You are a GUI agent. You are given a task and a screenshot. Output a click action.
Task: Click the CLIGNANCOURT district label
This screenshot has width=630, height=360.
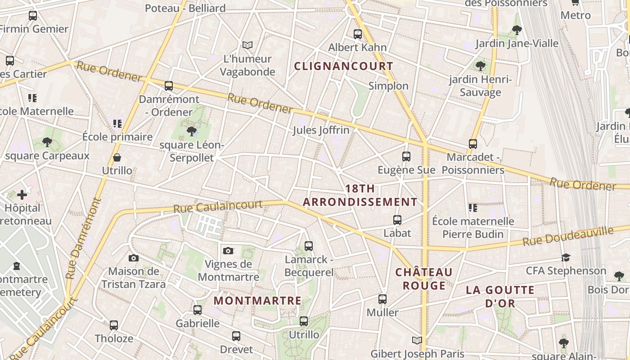coord(344,66)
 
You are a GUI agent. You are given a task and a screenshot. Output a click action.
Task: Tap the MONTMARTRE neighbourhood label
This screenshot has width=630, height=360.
coord(257,301)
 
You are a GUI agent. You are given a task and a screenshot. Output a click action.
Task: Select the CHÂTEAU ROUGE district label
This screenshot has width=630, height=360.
coord(424,279)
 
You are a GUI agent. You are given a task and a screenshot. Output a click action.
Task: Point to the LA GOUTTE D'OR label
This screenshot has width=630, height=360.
coord(500,296)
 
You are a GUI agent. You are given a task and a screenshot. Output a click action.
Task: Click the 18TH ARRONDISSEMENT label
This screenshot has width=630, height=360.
coord(360,195)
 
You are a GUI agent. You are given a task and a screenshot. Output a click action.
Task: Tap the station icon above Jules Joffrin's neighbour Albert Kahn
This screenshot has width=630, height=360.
coord(358,34)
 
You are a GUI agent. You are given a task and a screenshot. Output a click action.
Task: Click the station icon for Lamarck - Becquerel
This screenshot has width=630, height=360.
coord(309,246)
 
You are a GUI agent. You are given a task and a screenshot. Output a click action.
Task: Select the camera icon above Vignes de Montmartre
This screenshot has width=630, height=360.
coord(228,251)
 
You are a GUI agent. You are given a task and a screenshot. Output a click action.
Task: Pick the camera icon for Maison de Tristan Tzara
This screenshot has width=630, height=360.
coord(133,258)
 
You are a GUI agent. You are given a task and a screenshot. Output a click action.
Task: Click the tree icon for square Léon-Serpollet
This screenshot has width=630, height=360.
coord(192,131)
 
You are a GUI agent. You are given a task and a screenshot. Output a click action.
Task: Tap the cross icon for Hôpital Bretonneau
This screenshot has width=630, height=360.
coord(22,195)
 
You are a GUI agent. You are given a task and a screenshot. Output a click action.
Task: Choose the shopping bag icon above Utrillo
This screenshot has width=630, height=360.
coord(117,157)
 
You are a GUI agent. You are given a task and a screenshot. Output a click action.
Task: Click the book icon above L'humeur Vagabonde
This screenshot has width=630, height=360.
coord(247,45)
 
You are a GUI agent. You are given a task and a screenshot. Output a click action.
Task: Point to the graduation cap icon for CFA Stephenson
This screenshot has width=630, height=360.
coord(566,257)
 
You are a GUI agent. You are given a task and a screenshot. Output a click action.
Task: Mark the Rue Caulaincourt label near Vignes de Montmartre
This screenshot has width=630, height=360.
coord(218,207)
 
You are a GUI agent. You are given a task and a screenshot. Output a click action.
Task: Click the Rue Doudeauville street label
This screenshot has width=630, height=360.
coord(568,236)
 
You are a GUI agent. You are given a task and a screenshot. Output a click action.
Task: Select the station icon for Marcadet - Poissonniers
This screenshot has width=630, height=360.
coord(473,144)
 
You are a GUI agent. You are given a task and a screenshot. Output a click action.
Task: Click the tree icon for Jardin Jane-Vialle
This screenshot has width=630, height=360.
coord(517,30)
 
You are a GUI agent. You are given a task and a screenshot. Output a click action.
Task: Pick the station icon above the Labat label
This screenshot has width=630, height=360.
coord(397,220)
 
